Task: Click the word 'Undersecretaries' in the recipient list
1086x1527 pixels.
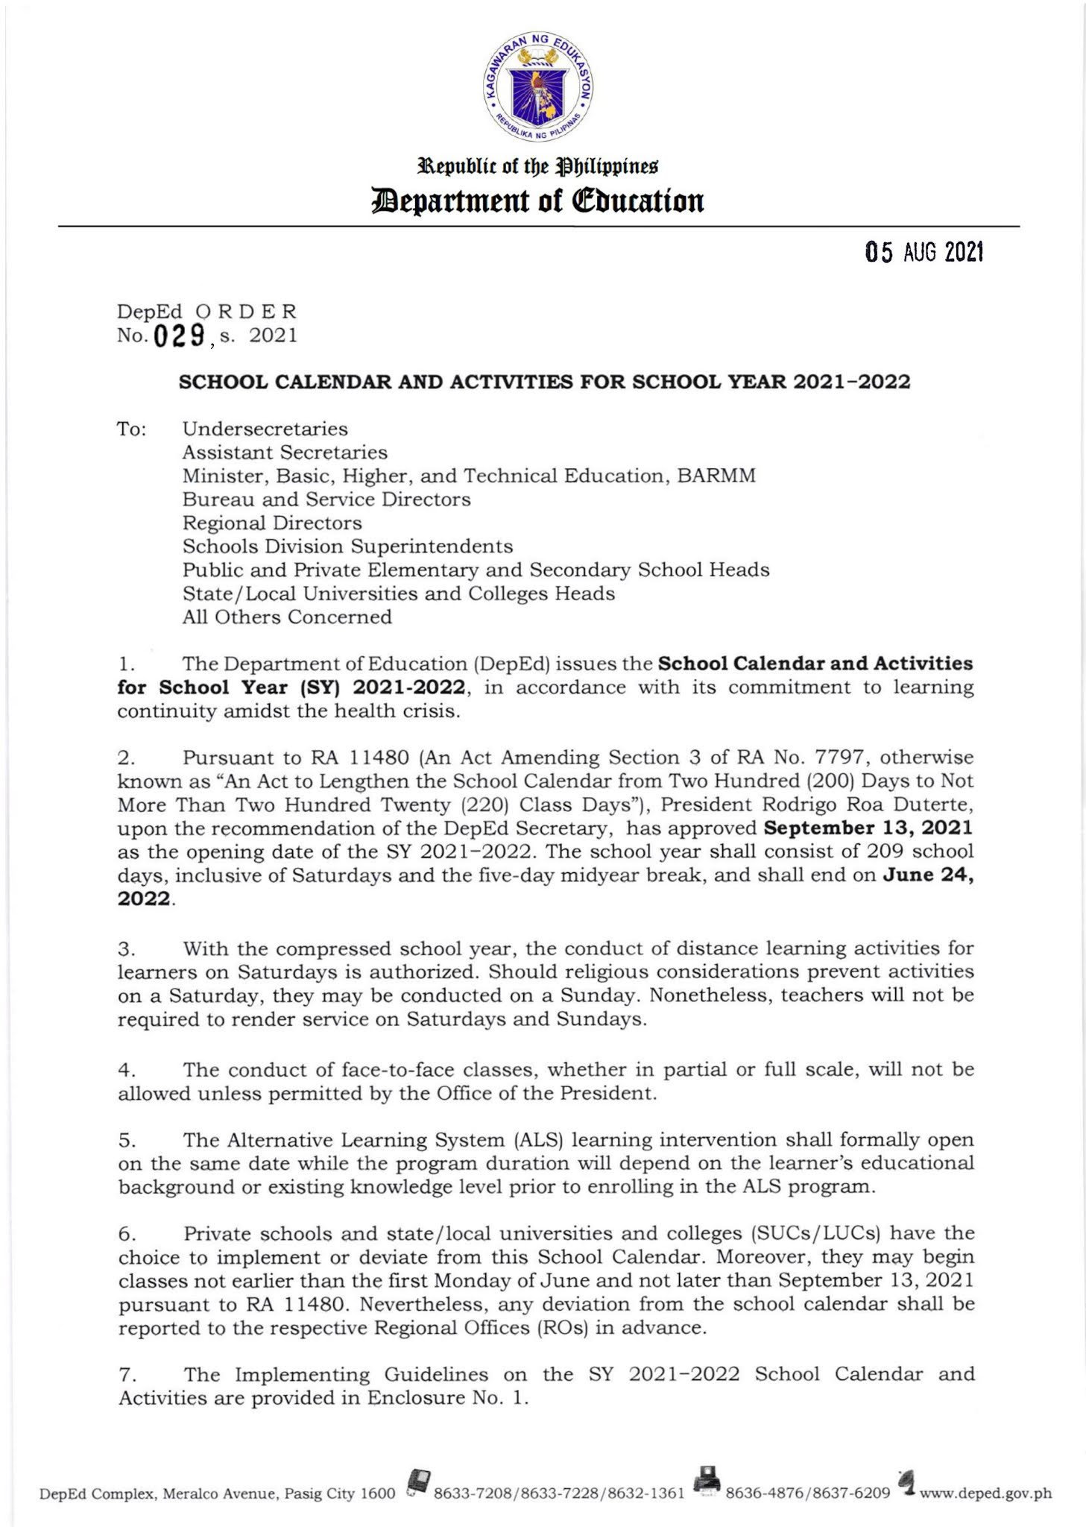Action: tap(265, 429)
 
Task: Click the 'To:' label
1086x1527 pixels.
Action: tap(131, 429)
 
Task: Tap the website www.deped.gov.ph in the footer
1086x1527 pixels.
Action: tap(985, 1493)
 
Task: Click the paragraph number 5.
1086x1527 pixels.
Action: tap(124, 1140)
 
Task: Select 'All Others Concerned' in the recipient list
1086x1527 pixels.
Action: tap(287, 617)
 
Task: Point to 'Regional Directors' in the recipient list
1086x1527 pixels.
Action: tap(272, 523)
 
